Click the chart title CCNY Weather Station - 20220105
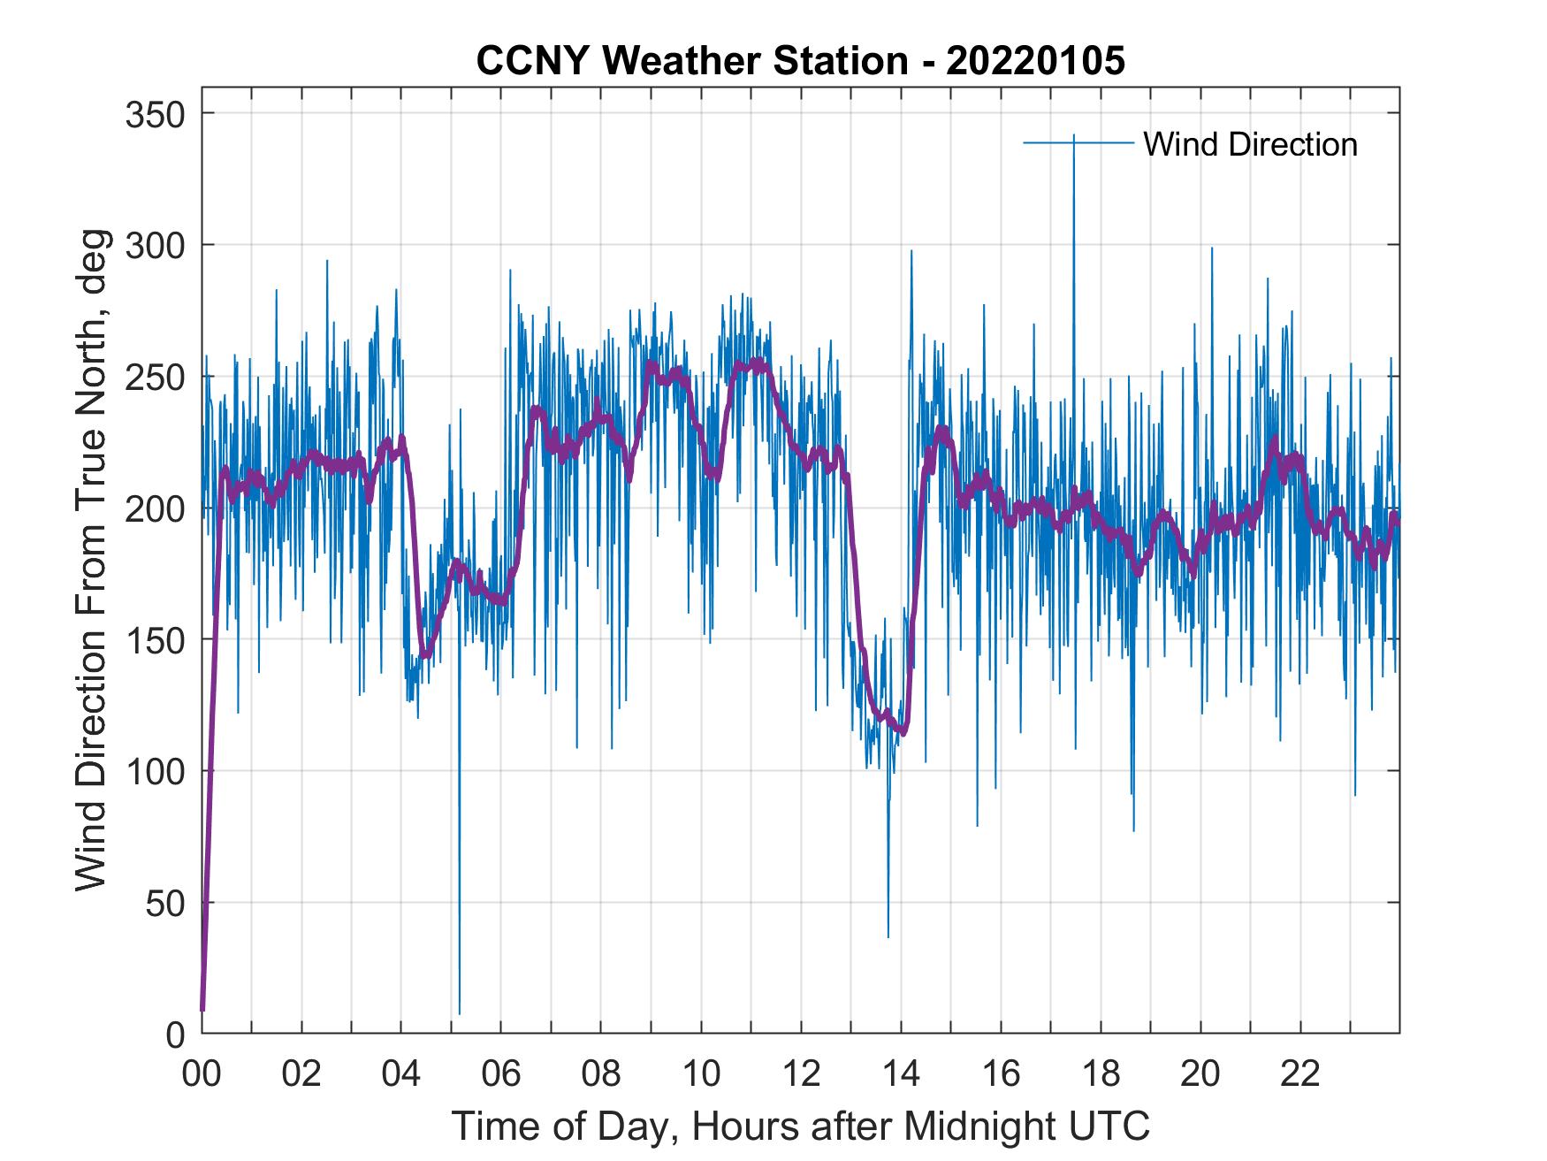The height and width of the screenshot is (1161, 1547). pyautogui.click(x=800, y=61)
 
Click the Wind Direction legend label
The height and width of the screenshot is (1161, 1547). pyautogui.click(x=1250, y=144)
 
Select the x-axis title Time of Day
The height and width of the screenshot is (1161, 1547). pyautogui.click(x=800, y=1127)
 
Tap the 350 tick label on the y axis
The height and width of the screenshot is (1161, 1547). pyautogui.click(x=155, y=114)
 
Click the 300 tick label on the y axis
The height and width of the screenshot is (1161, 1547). pyautogui.click(x=155, y=245)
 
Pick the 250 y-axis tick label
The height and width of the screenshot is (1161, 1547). pyautogui.click(x=155, y=377)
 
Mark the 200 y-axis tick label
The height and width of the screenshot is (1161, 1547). pyautogui.click(x=155, y=508)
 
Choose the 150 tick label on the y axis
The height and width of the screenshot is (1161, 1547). pyautogui.click(x=155, y=639)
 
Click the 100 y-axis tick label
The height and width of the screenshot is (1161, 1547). pyautogui.click(x=155, y=771)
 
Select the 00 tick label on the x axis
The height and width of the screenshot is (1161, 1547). pyautogui.click(x=202, y=1074)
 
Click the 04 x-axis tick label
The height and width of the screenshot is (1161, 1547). pyautogui.click(x=401, y=1074)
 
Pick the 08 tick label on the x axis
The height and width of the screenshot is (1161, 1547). pyautogui.click(x=601, y=1074)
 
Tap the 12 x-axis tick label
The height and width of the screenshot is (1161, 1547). pyautogui.click(x=801, y=1074)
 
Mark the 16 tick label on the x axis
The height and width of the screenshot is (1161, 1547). pyautogui.click(x=1001, y=1074)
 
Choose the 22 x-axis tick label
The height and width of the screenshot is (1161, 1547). pyautogui.click(x=1300, y=1074)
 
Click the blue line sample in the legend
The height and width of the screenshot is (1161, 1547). pyautogui.click(x=1078, y=142)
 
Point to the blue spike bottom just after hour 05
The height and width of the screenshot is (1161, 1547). pyautogui.click(x=460, y=1013)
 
